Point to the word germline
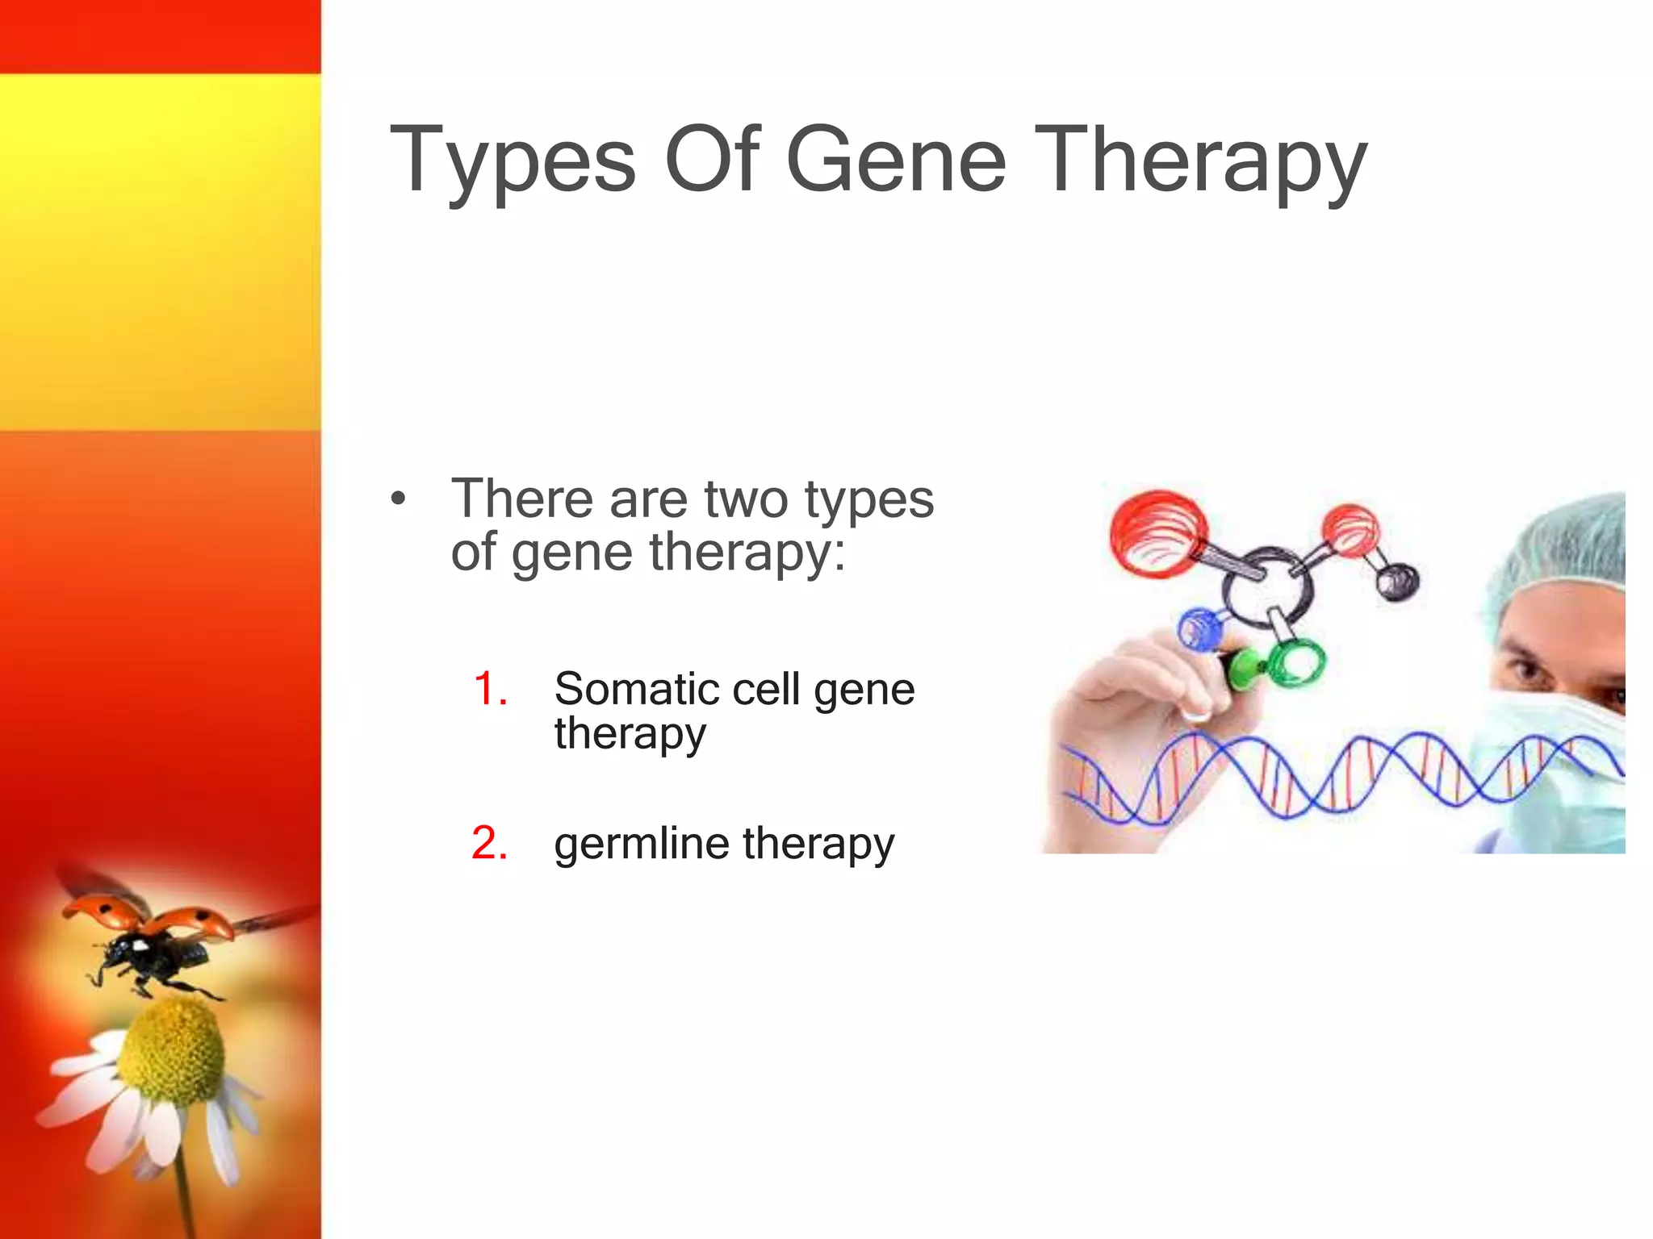click(x=642, y=844)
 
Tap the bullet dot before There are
click(x=397, y=499)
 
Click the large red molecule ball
click(x=1157, y=532)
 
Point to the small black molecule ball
click(x=1396, y=580)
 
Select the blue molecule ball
click(x=1201, y=629)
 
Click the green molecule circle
click(x=1296, y=661)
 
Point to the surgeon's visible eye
click(x=1522, y=670)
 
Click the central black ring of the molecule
click(x=1267, y=589)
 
